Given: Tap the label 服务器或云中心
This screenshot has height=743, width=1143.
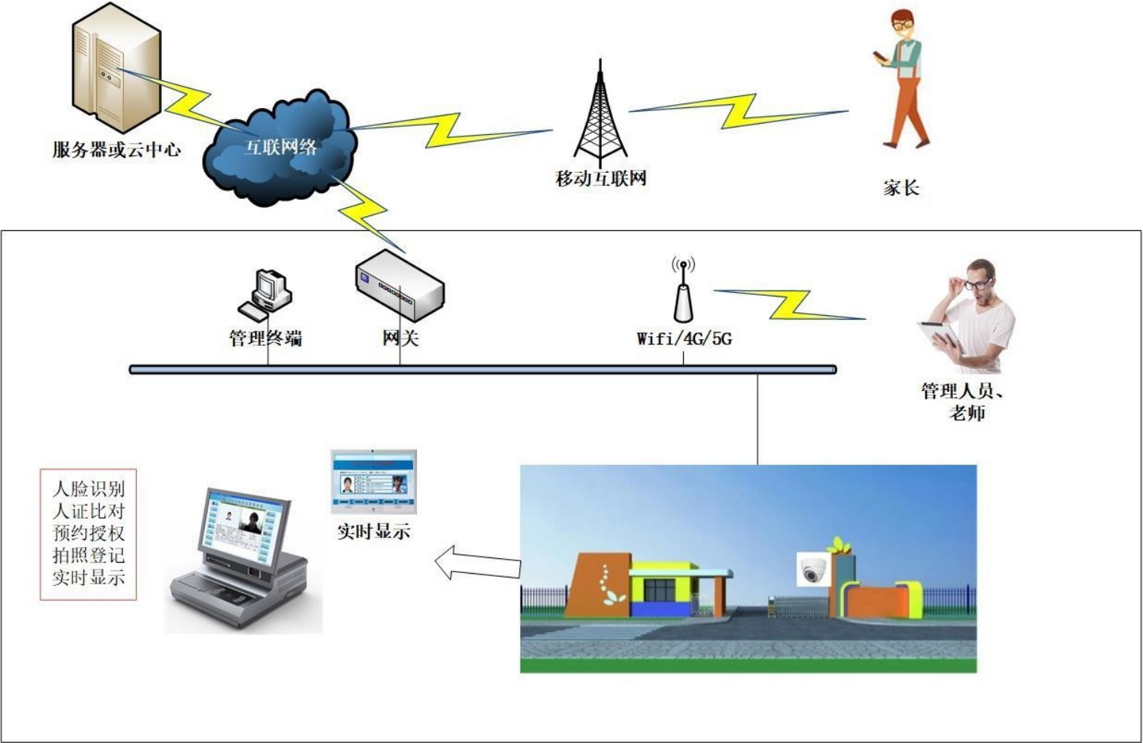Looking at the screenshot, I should [x=116, y=150].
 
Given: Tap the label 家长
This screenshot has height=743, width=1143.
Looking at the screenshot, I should [x=901, y=188].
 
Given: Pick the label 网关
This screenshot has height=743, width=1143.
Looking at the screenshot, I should [x=400, y=338].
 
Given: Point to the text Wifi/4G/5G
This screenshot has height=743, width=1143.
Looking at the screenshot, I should [x=684, y=339].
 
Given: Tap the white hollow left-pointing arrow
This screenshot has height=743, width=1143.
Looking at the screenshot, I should [x=477, y=563].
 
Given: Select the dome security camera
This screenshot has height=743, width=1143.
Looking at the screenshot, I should [x=812, y=570].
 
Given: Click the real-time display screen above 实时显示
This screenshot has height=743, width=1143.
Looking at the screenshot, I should [x=374, y=481].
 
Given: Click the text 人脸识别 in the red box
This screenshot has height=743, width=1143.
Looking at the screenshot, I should [x=89, y=489].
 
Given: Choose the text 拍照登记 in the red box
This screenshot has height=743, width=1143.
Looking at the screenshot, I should [x=89, y=555].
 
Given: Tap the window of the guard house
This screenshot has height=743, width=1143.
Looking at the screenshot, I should [x=658, y=589].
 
